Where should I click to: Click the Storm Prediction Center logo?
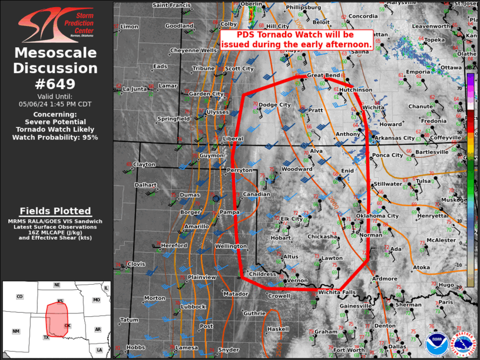pyautogui.click(x=55, y=25)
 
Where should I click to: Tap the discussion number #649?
pyautogui.click(x=55, y=84)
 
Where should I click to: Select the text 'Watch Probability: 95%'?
pyautogui.click(x=55, y=137)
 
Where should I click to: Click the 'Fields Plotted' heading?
pyautogui.click(x=55, y=211)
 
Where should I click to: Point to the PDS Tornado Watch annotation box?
pyautogui.click(x=297, y=39)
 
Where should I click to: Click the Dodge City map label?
pyautogui.click(x=275, y=105)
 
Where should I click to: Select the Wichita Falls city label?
pyautogui.click(x=337, y=292)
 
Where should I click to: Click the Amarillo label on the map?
pyautogui.click(x=197, y=226)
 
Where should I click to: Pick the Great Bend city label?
pyautogui.click(x=324, y=75)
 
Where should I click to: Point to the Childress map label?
pyautogui.click(x=263, y=274)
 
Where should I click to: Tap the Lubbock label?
pyautogui.click(x=193, y=306)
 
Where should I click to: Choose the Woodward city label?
pyautogui.click(x=297, y=169)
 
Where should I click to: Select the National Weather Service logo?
pyautogui.click(x=462, y=345)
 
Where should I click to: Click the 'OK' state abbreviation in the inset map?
pyautogui.click(x=67, y=325)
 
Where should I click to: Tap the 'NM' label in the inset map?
pyautogui.click(x=16, y=331)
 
